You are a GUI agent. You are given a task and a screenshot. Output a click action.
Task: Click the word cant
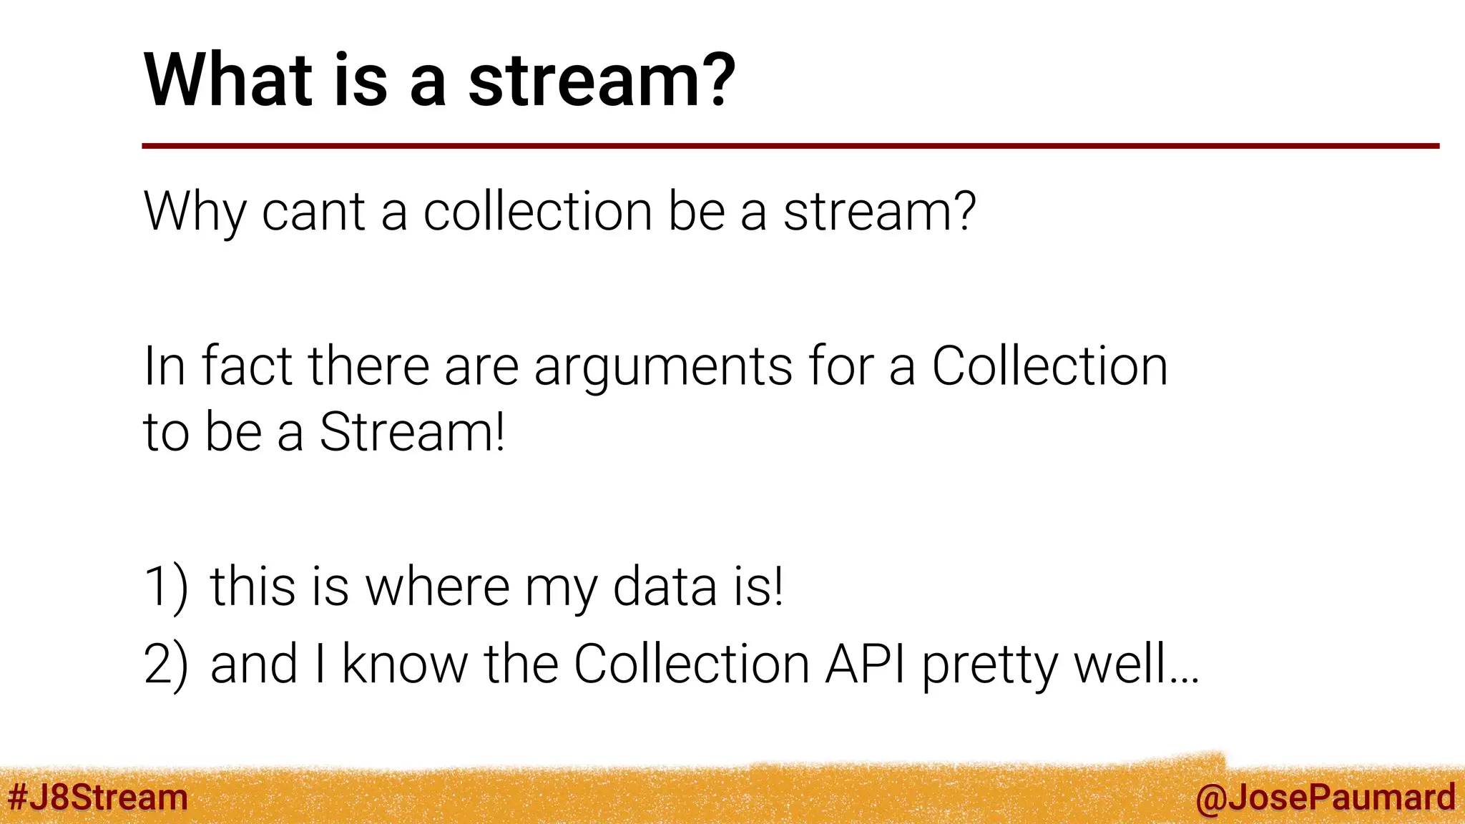pos(313,212)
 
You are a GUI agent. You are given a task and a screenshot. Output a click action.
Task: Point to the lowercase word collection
pos(537,212)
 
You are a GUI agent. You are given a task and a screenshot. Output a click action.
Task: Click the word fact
pos(247,366)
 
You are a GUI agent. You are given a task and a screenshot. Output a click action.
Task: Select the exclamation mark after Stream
pos(499,432)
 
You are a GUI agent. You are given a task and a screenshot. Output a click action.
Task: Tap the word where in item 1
pos(437,587)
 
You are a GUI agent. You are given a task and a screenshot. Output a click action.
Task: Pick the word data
pos(665,587)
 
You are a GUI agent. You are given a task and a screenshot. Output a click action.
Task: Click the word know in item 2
pos(404,664)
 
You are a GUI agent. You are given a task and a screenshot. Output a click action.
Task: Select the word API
pos(864,664)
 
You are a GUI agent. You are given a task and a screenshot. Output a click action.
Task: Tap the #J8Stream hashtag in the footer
pos(98,797)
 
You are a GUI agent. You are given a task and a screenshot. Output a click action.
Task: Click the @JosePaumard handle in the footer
pos(1325,798)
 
